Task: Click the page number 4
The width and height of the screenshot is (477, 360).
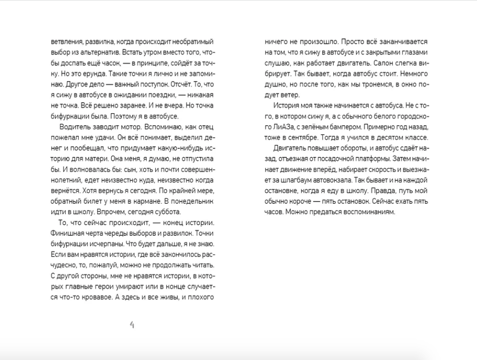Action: pos(132,325)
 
